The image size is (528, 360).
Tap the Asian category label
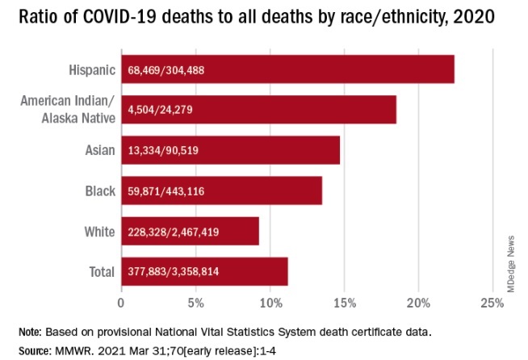[x=98, y=150]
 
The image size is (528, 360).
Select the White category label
[x=98, y=232]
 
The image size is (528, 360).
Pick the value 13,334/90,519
[x=164, y=151]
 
